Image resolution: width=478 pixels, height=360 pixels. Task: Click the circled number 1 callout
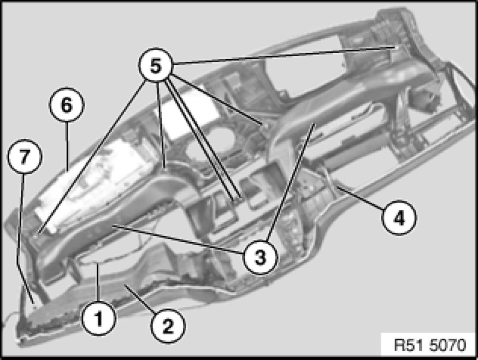pyautogui.click(x=98, y=318)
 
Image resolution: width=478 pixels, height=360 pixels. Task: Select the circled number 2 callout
pyautogui.click(x=168, y=326)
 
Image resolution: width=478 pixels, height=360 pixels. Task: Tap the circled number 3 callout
pyautogui.click(x=260, y=257)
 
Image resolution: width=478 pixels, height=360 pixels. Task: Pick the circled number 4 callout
pyautogui.click(x=399, y=217)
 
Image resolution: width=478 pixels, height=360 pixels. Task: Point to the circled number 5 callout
pyautogui.click(x=156, y=65)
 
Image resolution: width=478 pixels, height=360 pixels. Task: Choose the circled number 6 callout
pyautogui.click(x=67, y=104)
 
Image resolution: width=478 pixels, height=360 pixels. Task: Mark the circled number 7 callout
pyautogui.click(x=25, y=156)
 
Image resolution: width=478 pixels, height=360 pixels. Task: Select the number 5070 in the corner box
pyautogui.click(x=448, y=345)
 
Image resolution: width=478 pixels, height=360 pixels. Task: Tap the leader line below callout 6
pyautogui.click(x=67, y=146)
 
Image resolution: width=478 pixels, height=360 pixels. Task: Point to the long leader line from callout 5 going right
pyautogui.click(x=284, y=56)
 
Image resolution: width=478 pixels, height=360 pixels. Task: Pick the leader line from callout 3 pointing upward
pyautogui.click(x=290, y=182)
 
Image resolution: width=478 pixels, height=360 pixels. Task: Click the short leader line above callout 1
pyautogui.click(x=98, y=282)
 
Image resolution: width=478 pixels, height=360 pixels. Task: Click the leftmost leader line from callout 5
pyautogui.click(x=93, y=155)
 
